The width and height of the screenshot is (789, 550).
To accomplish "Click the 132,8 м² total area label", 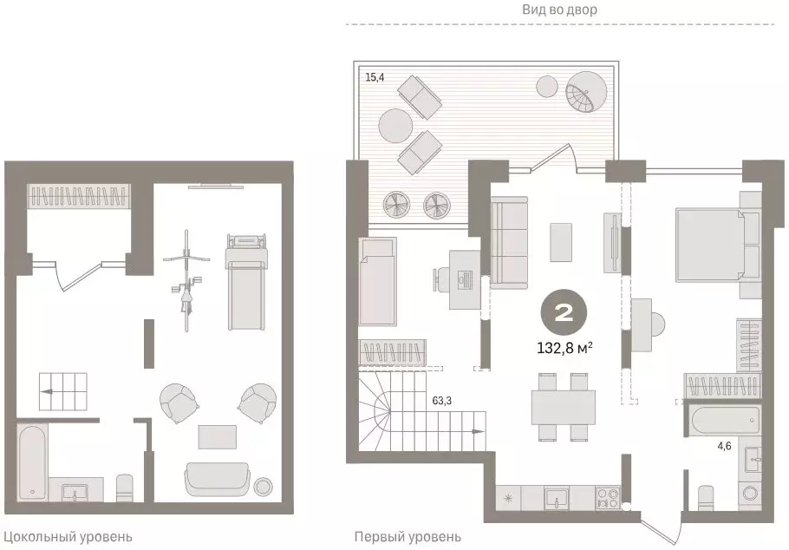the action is point(564,348).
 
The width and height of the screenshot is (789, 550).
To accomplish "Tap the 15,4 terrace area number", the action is point(375,77).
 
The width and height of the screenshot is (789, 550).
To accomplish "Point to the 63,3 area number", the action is point(442,401).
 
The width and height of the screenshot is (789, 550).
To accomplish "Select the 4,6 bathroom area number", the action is point(725,446).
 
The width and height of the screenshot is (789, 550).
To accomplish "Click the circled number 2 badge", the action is point(564,314).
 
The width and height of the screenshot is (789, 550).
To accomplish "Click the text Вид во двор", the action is point(559,10).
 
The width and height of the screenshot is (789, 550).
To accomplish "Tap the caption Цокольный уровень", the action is point(68,537).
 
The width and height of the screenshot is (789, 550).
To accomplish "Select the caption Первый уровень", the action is point(408,537).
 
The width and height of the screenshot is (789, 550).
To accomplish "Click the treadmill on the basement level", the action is point(245,282).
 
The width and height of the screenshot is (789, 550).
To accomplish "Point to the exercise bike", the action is point(186,280).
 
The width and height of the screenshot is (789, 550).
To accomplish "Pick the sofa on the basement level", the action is point(217,480).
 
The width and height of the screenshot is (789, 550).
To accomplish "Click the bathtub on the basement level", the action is point(33,463).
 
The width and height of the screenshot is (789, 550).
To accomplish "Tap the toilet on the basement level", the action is point(124,488).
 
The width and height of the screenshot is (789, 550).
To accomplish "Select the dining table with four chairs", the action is point(564,407).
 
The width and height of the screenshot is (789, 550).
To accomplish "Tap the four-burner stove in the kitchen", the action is point(608,499).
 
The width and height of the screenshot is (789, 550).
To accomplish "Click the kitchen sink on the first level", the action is point(557,499).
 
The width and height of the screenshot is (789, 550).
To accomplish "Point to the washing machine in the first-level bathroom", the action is point(750,495).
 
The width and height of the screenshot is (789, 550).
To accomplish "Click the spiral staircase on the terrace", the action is point(586,92).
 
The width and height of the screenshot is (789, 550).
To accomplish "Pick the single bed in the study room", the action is point(377,282).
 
